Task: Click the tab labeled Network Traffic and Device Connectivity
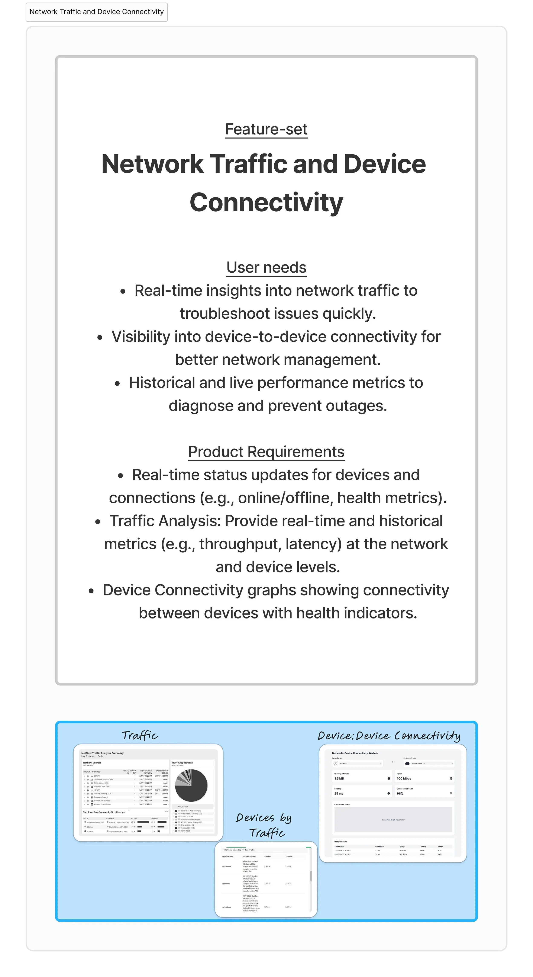96,12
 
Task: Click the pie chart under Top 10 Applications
191,785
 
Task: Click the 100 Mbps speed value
404,778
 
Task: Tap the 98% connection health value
400,793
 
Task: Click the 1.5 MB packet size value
339,778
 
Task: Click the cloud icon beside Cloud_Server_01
407,763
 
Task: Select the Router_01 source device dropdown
358,763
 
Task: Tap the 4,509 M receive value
267,866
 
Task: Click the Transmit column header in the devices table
289,856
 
